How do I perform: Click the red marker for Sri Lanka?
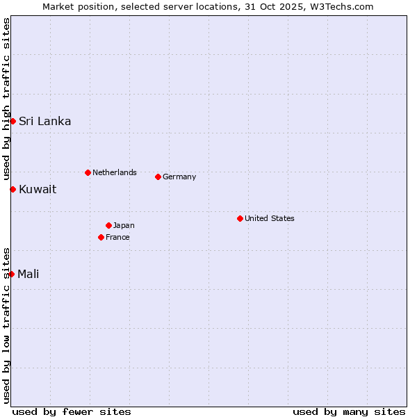pos(13,121)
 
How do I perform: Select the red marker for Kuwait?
pos(13,189)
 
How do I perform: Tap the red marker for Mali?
pos(12,274)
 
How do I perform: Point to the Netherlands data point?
pos(88,172)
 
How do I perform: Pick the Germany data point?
pos(158,177)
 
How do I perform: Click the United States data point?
pos(240,218)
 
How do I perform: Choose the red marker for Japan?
pos(108,225)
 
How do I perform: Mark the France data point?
pos(101,237)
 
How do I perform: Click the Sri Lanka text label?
pos(44,121)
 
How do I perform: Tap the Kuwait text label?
pos(38,189)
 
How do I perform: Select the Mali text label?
pos(28,274)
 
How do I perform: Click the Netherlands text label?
pos(114,172)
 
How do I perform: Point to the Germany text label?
pos(179,177)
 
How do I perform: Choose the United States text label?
pos(269,218)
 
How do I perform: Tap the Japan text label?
pos(124,225)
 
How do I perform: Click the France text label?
pos(117,237)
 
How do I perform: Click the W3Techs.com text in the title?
pos(343,6)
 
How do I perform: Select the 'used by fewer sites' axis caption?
pos(72,411)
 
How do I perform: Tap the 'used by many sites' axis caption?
pos(349,411)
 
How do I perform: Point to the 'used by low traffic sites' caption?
pos(6,325)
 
